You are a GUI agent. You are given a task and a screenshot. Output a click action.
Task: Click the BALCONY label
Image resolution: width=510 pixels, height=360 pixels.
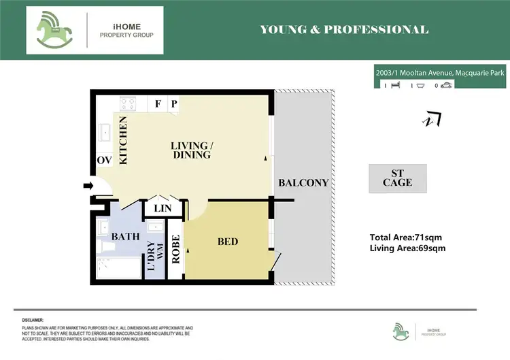point(303,183)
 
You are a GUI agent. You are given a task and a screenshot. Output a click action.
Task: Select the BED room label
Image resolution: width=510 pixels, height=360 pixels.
point(228,242)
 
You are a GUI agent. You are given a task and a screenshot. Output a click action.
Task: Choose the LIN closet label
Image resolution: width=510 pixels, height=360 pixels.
point(163,208)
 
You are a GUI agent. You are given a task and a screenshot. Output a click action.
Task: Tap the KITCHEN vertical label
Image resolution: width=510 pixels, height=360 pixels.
point(124,140)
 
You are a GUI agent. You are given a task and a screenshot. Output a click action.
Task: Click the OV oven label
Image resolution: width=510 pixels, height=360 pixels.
point(104,160)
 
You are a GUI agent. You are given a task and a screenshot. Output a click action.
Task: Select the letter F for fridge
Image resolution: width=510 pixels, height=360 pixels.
point(158,104)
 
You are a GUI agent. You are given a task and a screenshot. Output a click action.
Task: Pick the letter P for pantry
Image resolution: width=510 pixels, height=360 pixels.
point(174,104)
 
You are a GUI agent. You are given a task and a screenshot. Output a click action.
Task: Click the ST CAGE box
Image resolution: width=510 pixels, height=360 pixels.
point(397,178)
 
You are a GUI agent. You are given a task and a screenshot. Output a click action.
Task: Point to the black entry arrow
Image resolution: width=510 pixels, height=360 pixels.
point(88,185)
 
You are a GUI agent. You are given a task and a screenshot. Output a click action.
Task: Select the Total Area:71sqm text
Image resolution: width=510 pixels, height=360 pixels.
point(407,238)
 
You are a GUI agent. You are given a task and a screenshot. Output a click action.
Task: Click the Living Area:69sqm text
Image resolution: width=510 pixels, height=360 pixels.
point(407,248)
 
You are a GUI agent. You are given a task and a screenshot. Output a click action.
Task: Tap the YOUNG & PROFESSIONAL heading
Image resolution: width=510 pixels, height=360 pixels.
point(344,30)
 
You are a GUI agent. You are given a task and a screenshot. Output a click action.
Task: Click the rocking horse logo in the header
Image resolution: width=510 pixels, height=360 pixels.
point(56,30)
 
